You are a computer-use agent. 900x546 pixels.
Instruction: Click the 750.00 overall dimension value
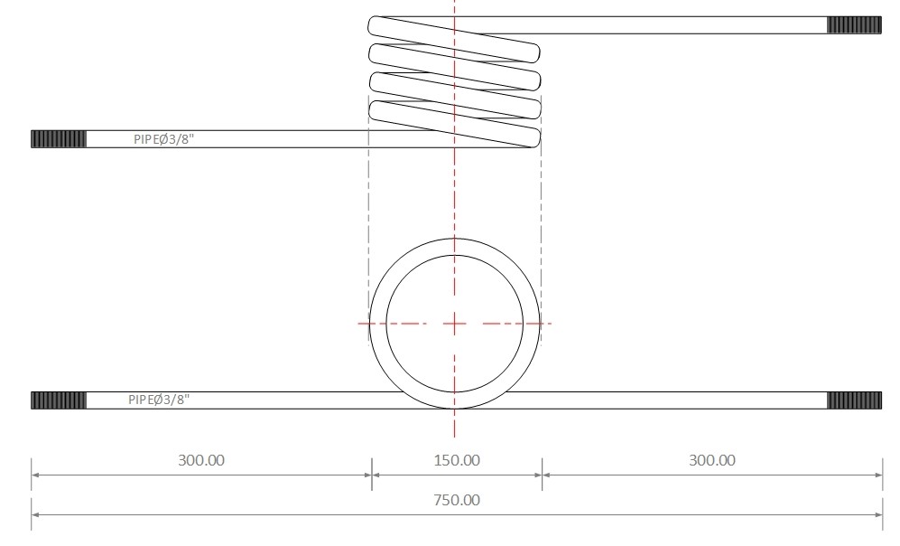coord(457,500)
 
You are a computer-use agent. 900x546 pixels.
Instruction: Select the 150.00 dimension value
coord(457,460)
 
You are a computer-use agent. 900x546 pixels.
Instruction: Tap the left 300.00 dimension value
coord(201,460)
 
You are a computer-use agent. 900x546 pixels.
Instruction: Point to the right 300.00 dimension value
coord(711,460)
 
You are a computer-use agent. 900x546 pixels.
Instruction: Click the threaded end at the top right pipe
coord(854,25)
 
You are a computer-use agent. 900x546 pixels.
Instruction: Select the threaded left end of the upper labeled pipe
coord(59,139)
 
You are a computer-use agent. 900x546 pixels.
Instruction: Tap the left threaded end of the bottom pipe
coord(59,400)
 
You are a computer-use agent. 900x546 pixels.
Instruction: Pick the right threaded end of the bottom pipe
coord(854,400)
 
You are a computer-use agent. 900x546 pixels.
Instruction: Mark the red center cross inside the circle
coord(455,323)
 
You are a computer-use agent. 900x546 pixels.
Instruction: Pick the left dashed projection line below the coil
coord(369,199)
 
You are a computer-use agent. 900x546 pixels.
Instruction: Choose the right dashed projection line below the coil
coord(541,199)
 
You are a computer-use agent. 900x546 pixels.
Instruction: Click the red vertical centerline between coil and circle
coord(455,194)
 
